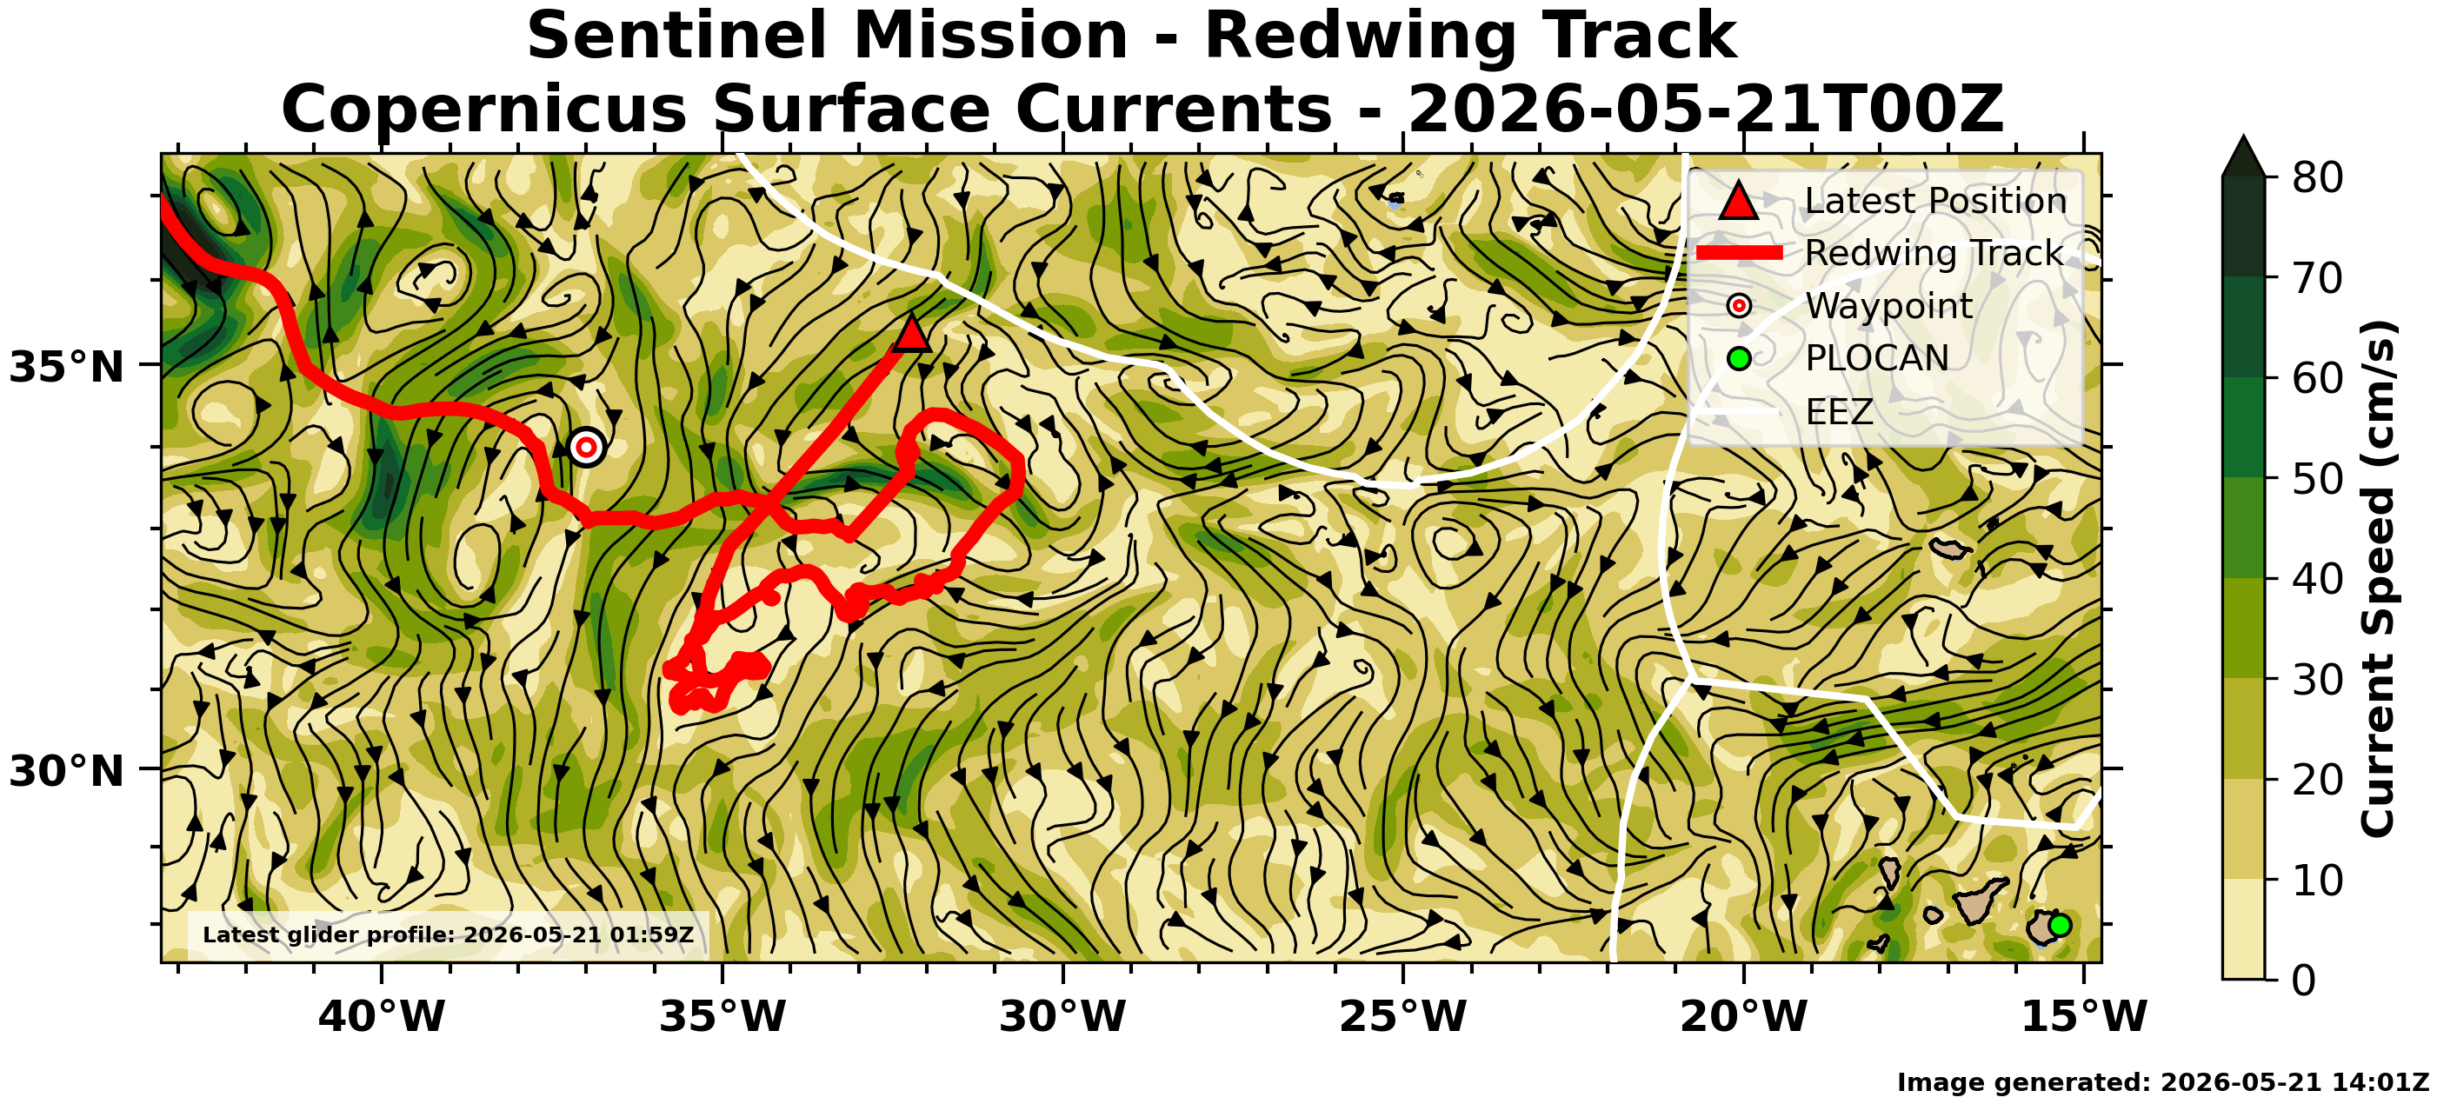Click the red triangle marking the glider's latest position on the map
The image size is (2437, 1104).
pos(911,334)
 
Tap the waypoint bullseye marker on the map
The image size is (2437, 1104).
pos(587,447)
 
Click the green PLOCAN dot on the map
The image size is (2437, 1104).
pos(2060,925)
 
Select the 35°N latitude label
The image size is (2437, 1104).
pos(66,367)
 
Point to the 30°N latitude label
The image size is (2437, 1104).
pos(66,771)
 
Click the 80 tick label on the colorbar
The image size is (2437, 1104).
pos(2318,177)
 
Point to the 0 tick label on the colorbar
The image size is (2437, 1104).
pos(2305,980)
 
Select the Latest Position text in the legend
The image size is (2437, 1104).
pos(1935,201)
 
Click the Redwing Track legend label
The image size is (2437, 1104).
pos(1934,253)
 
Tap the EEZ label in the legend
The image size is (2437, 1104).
pos(1839,411)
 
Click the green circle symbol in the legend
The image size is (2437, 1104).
pos(1739,358)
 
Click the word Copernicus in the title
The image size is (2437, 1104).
pos(483,109)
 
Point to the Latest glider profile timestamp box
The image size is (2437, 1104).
pos(449,934)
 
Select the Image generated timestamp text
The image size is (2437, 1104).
pos(2162,1082)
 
